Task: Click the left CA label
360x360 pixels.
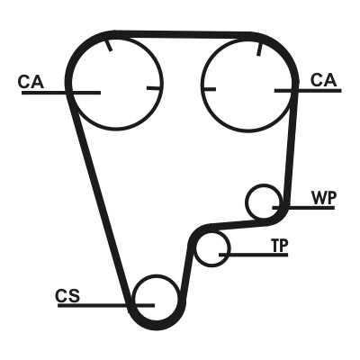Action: pos(31,82)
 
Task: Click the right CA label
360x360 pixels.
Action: pos(324,80)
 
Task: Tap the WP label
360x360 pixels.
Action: pos(324,197)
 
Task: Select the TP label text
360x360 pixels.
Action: pos(280,246)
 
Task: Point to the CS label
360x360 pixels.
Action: pos(67,296)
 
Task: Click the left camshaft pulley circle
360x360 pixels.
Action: pos(117,130)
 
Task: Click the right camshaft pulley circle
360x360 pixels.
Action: pos(249,131)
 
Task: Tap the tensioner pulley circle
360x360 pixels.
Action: pos(212,265)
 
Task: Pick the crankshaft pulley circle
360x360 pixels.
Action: pos(156,275)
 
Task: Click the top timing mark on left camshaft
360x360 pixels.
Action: pos(109,45)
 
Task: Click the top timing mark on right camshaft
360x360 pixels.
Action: pos(259,49)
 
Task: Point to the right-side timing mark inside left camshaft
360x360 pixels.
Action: pos(154,88)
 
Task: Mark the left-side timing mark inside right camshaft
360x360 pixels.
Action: pos(210,89)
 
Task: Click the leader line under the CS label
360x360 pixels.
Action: pos(106,305)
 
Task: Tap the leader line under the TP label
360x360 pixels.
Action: pos(254,255)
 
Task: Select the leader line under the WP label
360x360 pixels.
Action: pos(303,207)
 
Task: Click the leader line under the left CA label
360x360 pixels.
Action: pos(61,93)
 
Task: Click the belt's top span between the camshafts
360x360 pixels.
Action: pos(183,34)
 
